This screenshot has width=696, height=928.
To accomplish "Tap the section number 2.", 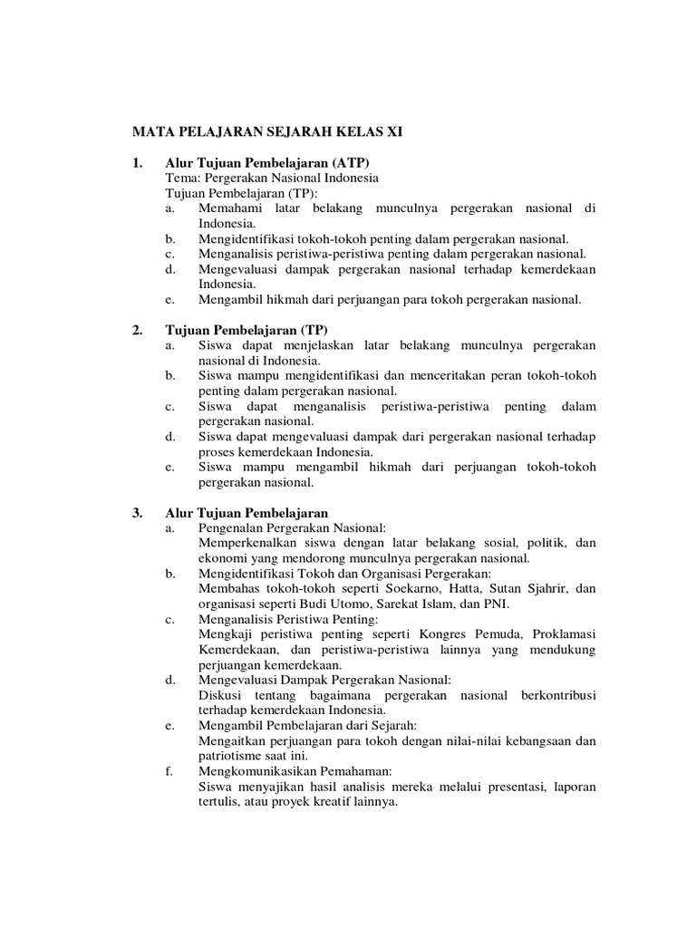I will tap(138, 331).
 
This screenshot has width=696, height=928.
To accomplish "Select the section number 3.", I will tap(138, 512).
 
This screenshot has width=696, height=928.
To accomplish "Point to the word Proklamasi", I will tap(565, 633).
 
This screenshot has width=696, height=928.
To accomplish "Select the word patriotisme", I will tap(232, 756).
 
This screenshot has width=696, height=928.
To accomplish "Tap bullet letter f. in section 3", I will tap(169, 771).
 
